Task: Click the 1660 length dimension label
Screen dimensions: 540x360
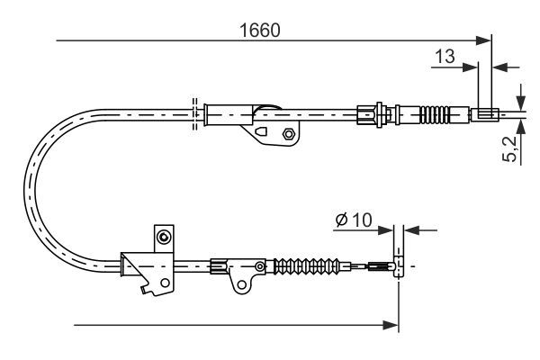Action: pos(260,31)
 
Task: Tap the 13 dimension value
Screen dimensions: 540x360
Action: pos(445,56)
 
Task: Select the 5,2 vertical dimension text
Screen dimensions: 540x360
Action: pos(510,148)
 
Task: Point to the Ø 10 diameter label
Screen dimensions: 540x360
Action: pos(354,220)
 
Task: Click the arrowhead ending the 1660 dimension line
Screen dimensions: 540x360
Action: pos(483,40)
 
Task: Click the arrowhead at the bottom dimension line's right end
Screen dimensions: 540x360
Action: pos(391,325)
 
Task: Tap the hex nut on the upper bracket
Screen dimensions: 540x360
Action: pos(288,134)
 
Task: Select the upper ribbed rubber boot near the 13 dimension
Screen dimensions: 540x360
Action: pos(435,113)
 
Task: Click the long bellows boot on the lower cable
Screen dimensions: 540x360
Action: pos(307,266)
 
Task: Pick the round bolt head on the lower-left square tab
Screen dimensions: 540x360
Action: pos(164,237)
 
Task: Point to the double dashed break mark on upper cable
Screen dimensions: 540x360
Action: pos(194,114)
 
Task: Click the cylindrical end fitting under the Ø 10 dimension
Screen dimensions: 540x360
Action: pos(399,266)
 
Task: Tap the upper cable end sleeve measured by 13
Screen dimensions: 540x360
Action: pos(485,114)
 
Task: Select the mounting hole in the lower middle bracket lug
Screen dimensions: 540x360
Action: pos(242,284)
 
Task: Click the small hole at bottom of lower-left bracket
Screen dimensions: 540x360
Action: pos(165,283)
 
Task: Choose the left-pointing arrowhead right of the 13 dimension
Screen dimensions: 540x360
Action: pos(501,67)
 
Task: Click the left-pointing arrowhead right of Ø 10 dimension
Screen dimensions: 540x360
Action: pos(412,229)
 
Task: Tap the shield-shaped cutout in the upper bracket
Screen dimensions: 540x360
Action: pos(261,132)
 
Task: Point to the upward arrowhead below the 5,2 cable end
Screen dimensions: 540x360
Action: pos(521,126)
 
